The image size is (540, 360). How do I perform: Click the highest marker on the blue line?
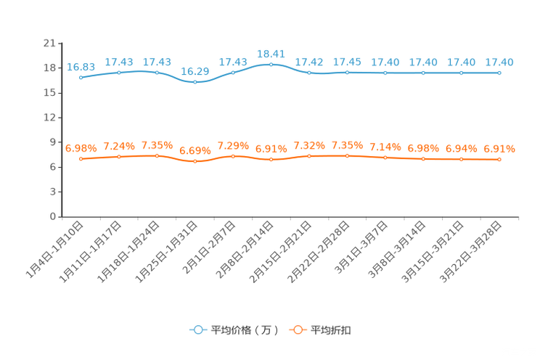[x=271, y=65]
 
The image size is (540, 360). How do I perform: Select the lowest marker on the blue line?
[x=195, y=82]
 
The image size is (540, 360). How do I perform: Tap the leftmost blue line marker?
[x=81, y=76]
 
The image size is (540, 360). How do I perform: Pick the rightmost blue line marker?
[x=499, y=73]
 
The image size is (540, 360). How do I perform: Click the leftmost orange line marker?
[x=81, y=158]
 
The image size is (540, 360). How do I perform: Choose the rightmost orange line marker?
[x=499, y=159]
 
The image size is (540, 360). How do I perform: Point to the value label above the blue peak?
[x=271, y=53]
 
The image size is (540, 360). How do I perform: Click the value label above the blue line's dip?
[x=195, y=70]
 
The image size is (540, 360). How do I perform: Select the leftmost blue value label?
[x=81, y=66]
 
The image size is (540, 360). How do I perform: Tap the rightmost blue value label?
[x=499, y=62]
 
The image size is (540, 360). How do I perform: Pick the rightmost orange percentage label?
[x=499, y=149]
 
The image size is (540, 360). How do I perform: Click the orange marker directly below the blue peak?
[x=271, y=159]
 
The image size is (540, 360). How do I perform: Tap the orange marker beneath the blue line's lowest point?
[x=195, y=160]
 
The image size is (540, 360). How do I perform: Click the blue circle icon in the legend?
[x=197, y=330]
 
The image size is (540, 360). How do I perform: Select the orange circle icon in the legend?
[x=296, y=330]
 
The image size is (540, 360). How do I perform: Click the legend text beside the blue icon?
[x=244, y=330]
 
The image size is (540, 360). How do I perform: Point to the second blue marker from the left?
[x=118, y=72]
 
